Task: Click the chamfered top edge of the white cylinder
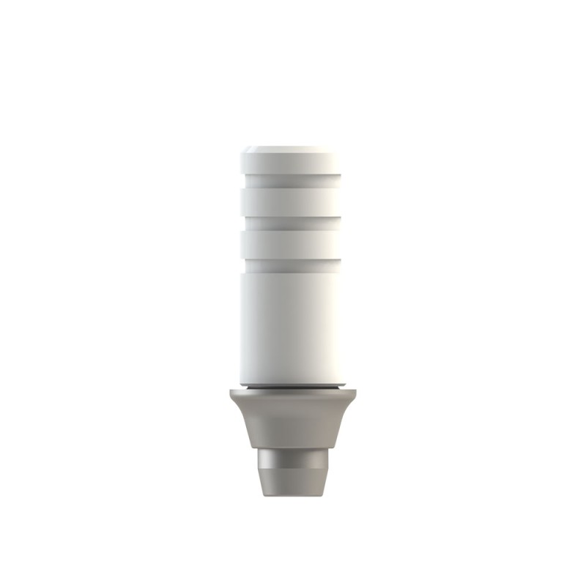pyautogui.click(x=293, y=152)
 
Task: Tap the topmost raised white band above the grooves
pyautogui.click(x=293, y=164)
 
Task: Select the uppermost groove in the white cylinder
pyautogui.click(x=293, y=179)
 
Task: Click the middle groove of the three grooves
pyautogui.click(x=293, y=221)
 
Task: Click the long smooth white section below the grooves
pyautogui.click(x=293, y=322)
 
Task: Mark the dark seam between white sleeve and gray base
pyautogui.click(x=293, y=385)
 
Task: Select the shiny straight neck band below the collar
pyautogui.click(x=293, y=459)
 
